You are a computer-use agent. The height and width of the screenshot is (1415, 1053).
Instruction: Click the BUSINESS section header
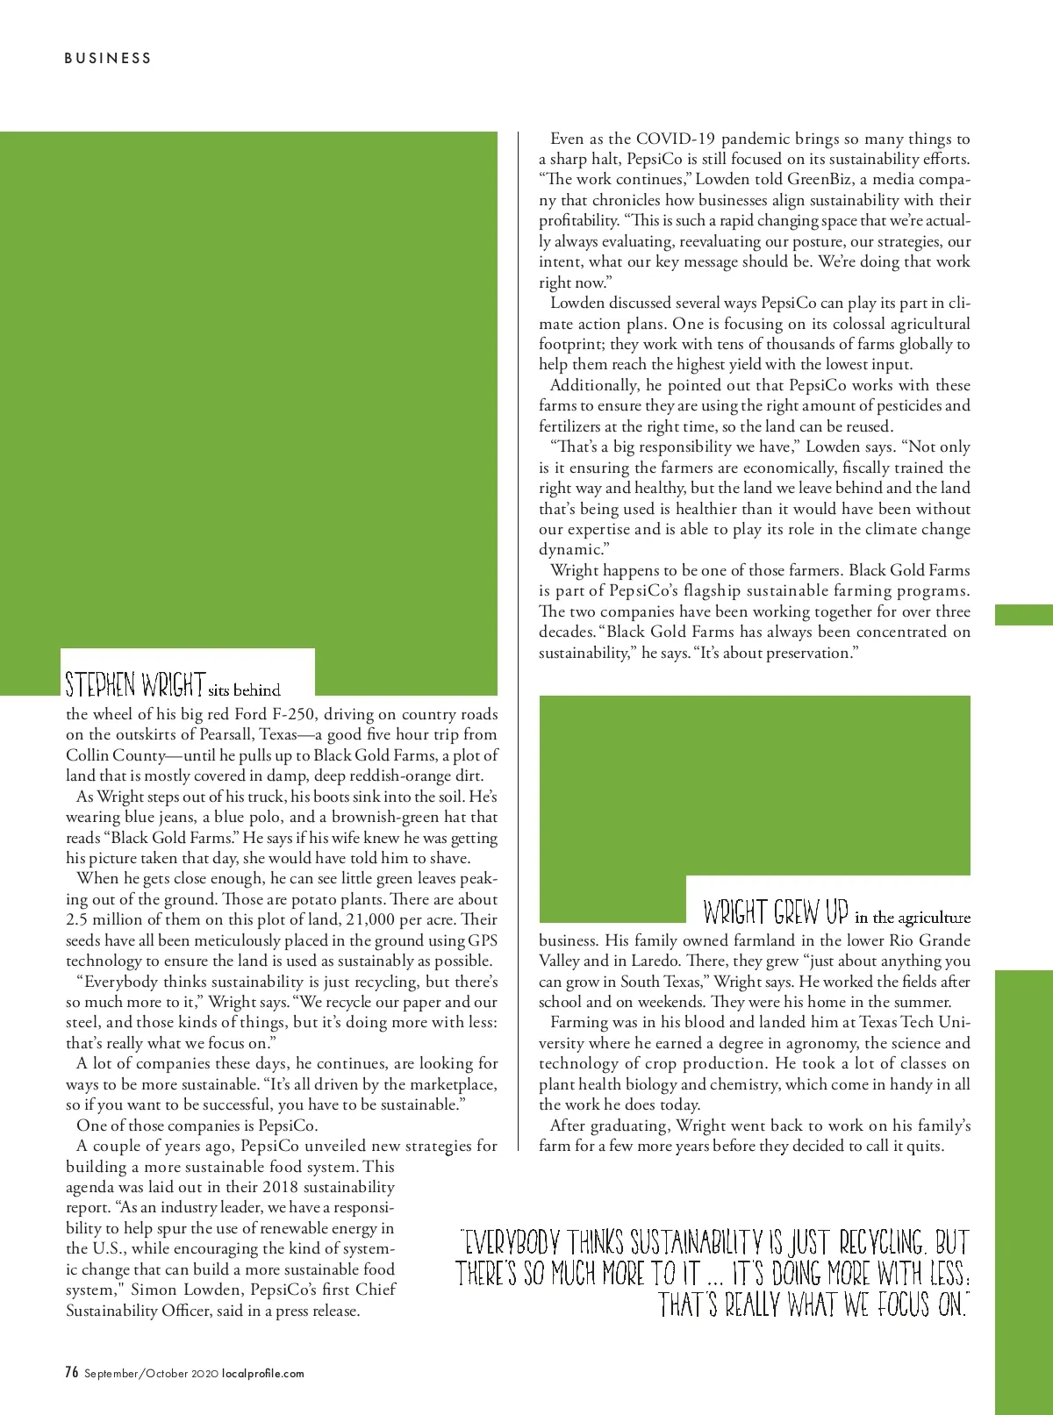(108, 58)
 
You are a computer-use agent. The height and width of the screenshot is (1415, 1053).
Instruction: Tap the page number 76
(72, 1372)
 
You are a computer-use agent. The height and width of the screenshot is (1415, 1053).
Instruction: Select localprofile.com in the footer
(262, 1374)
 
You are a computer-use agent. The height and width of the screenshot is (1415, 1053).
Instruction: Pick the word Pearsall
(224, 735)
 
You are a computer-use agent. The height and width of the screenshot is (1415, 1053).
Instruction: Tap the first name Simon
(155, 1290)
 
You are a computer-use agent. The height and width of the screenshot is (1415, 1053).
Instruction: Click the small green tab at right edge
(1023, 614)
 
